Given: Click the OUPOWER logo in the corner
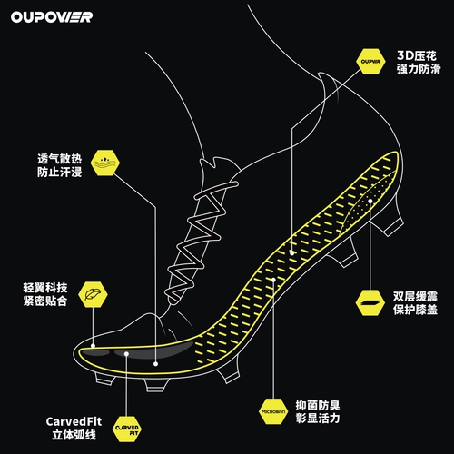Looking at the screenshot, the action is [x=52, y=17].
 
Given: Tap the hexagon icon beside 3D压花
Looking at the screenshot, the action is [x=370, y=62].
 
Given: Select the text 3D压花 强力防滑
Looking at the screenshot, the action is [x=419, y=63].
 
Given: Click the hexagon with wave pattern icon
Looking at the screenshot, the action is [x=105, y=163].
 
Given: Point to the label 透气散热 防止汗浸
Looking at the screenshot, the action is [x=60, y=165].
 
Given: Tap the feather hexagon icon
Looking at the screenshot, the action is [x=93, y=294].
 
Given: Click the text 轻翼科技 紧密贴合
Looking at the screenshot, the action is [x=45, y=294].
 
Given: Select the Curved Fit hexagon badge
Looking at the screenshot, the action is [x=127, y=429].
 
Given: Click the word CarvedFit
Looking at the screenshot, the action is [x=74, y=421].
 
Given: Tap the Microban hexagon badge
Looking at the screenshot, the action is [x=273, y=411].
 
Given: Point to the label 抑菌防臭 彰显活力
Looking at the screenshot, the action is [x=318, y=412].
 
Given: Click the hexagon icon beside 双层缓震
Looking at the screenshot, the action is [x=370, y=303].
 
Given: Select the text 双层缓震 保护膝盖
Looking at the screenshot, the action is [x=416, y=303].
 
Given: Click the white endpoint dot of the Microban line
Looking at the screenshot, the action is [x=273, y=280].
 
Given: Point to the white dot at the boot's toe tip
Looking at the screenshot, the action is [x=93, y=346].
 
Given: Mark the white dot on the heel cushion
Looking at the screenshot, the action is [x=370, y=201].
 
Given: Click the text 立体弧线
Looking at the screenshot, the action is [x=74, y=435].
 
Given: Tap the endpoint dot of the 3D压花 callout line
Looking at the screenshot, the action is [x=292, y=253].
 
